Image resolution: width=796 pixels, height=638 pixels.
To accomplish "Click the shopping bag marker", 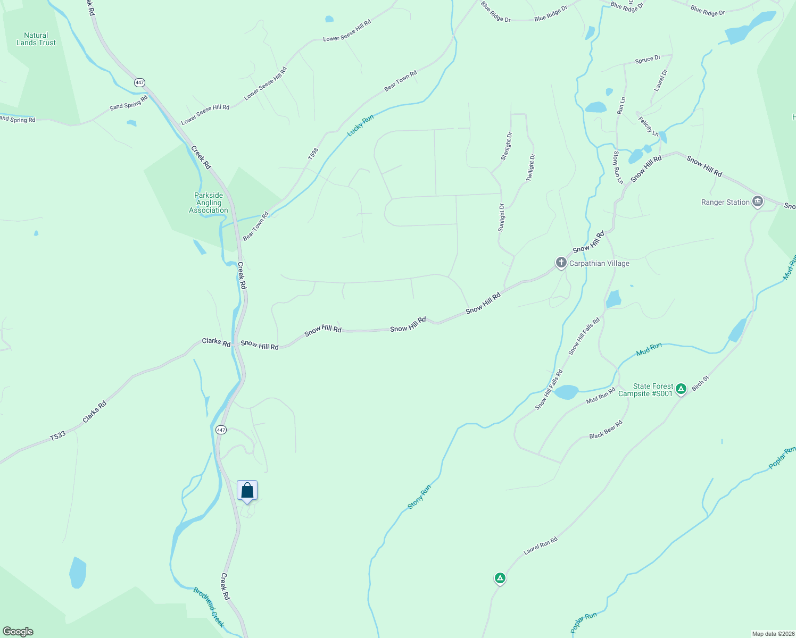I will (x=247, y=490).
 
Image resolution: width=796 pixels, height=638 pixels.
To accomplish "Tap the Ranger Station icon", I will (x=758, y=202).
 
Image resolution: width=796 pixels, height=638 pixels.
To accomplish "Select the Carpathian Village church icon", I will (x=561, y=263).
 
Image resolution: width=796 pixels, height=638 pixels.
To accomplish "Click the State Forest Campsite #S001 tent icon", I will (x=681, y=390).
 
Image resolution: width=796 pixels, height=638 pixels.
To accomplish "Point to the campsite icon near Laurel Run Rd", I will (x=500, y=578).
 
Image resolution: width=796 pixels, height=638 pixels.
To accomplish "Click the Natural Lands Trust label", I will (x=36, y=39).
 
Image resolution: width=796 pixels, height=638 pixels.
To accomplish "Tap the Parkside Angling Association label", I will (x=209, y=203).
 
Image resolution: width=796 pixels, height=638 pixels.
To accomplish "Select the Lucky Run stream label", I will (x=360, y=125).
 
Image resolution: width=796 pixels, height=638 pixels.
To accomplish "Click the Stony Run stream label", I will (x=419, y=497).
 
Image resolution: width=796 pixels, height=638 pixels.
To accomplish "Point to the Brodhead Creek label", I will (x=209, y=607).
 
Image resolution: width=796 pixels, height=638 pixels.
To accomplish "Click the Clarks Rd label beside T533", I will (x=95, y=412).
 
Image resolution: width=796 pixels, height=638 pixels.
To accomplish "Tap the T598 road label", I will (x=313, y=154).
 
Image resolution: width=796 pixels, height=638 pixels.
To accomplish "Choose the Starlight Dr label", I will (x=506, y=146).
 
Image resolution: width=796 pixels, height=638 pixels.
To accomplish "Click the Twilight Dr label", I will (x=530, y=167).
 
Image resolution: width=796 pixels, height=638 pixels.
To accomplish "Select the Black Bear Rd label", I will (x=606, y=430).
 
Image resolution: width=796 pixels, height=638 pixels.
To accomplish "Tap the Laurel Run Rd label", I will (x=541, y=546).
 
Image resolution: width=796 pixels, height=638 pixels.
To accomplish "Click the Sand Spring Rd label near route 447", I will (x=129, y=103).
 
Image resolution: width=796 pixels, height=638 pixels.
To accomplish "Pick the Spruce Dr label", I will (x=648, y=60).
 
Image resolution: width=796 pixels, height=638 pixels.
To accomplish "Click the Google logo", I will (x=18, y=632).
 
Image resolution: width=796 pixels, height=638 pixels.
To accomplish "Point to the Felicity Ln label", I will (x=649, y=127).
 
